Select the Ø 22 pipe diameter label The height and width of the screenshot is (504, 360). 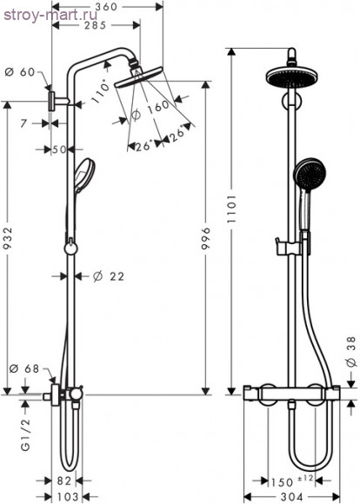109,276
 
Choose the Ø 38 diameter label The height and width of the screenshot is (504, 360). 350,348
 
